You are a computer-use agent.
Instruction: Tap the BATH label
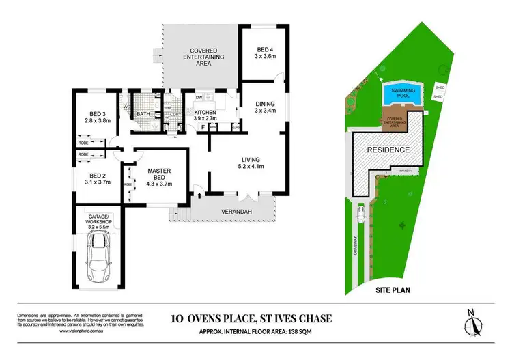coord(143,114)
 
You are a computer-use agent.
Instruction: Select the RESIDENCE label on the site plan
coord(388,150)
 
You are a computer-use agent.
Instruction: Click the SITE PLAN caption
coord(392,290)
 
